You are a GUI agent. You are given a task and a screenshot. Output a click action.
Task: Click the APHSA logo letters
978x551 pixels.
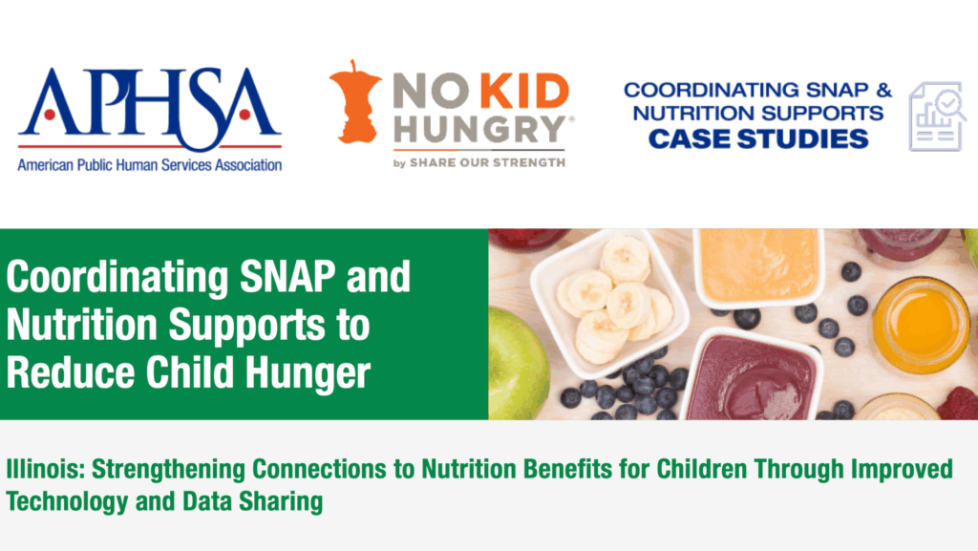tap(150, 107)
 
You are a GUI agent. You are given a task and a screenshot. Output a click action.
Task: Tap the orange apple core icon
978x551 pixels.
tap(354, 101)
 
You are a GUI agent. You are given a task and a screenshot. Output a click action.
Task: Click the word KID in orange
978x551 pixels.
tap(524, 91)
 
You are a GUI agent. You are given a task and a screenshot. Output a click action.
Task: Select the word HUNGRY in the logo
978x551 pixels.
tap(479, 130)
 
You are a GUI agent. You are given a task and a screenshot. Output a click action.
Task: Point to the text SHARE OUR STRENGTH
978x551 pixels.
tap(487, 162)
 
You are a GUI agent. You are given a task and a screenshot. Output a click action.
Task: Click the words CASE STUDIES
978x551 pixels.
tap(758, 139)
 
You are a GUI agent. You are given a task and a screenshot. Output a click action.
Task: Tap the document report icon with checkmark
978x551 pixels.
tap(938, 116)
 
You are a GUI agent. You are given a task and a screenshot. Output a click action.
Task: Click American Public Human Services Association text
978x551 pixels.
tap(150, 165)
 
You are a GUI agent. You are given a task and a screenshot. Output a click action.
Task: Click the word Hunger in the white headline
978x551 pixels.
tap(308, 372)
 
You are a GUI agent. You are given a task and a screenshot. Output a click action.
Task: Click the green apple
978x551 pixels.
tap(518, 365)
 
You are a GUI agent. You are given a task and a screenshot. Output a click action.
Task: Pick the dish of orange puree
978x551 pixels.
tap(758, 265)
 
